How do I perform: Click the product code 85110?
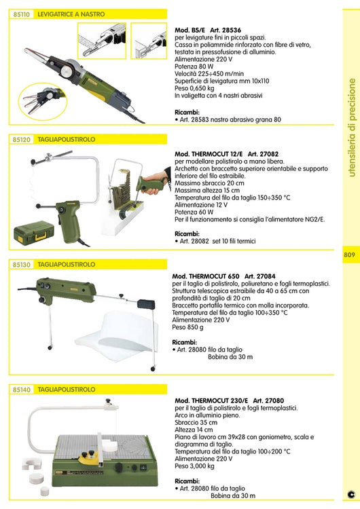[21, 14]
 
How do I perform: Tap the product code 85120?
[21, 139]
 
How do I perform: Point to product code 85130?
[21, 265]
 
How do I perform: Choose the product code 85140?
[21, 390]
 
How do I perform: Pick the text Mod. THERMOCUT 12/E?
[204, 154]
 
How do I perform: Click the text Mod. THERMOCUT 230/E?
[208, 401]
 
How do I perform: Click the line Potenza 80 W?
[197, 67]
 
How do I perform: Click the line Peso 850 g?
[192, 326]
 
